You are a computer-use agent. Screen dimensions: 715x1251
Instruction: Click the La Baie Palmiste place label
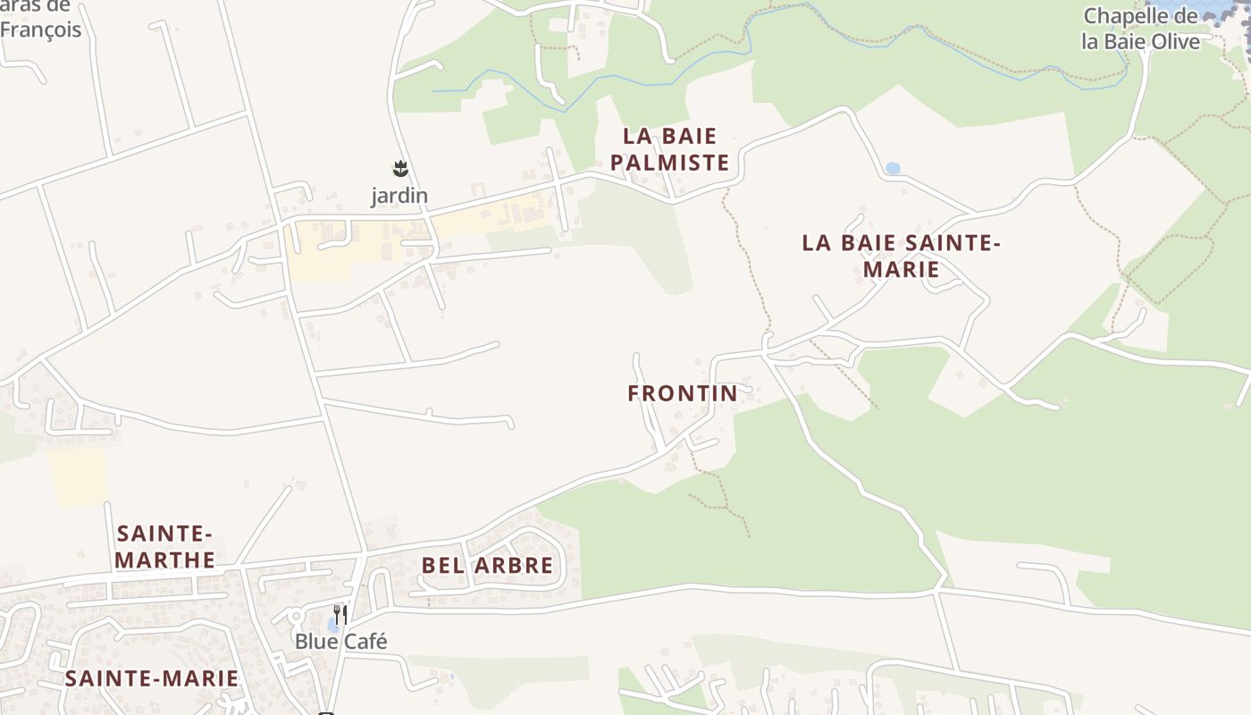[676, 149]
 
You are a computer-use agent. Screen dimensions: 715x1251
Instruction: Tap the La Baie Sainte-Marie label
[901, 256]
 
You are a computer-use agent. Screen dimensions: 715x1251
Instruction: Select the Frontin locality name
[683, 393]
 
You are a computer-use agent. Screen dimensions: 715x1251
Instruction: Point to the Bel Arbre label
[487, 565]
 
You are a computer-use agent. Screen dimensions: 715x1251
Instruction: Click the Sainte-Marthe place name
[166, 547]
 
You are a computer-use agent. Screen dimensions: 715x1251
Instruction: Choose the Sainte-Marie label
[152, 678]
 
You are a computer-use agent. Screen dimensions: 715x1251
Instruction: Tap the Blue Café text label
[341, 642]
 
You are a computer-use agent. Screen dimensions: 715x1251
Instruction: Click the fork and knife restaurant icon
[340, 615]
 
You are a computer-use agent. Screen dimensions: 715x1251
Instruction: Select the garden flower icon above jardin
[400, 168]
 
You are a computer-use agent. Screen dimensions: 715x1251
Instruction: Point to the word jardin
[399, 195]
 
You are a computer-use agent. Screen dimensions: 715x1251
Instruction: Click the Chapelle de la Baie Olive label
[1140, 29]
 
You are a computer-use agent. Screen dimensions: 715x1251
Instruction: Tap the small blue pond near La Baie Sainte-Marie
[892, 168]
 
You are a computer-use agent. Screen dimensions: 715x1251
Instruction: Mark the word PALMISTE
[676, 163]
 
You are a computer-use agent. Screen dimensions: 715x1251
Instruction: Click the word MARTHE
[166, 560]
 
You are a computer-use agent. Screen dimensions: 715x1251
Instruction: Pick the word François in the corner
[40, 29]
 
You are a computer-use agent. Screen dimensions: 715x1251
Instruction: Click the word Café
[365, 642]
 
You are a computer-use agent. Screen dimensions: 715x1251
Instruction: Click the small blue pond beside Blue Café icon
[332, 626]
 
